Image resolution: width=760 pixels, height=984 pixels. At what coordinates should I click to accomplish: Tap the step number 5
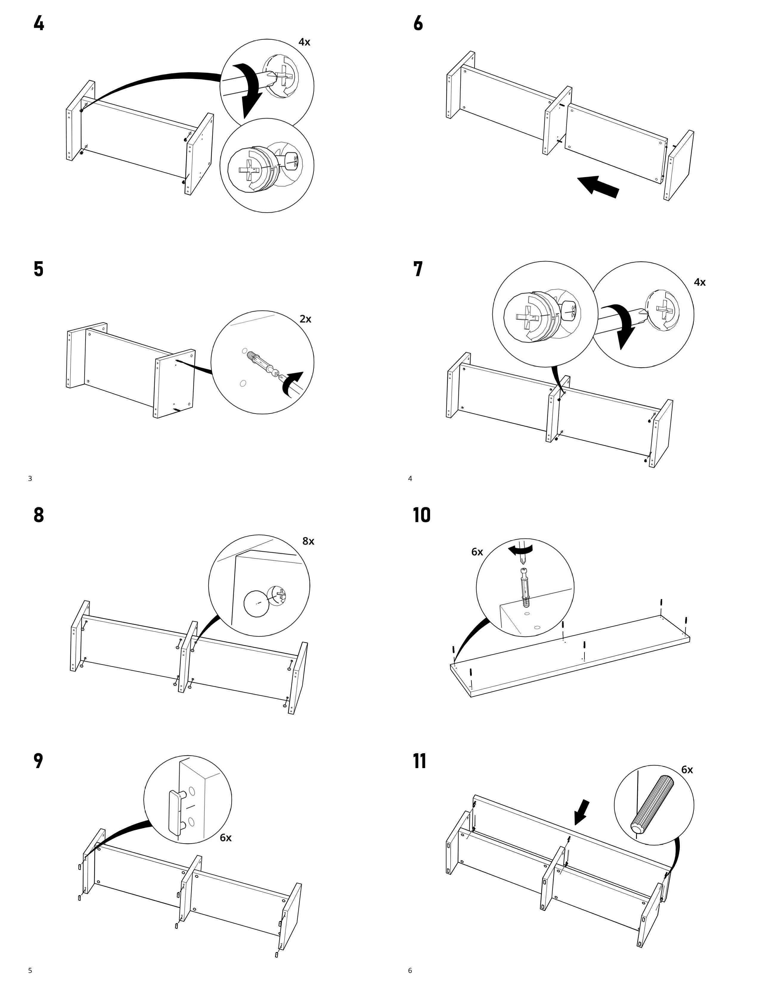39,269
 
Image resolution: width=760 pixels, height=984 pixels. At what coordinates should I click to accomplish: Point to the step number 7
418,269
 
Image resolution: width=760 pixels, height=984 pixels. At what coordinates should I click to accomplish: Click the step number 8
39,515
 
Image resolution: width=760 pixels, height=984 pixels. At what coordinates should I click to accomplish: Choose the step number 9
39,761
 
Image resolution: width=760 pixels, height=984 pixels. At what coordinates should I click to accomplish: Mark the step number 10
421,515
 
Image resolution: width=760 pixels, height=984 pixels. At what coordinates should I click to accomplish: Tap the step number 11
420,761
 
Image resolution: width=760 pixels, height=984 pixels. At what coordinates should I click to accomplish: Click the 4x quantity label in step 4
304,42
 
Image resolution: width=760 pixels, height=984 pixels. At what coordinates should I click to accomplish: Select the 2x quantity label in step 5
305,319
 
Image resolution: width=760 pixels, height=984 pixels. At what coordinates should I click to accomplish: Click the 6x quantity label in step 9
226,838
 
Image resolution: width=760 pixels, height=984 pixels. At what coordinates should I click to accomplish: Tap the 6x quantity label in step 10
477,552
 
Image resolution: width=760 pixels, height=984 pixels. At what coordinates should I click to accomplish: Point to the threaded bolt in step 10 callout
525,588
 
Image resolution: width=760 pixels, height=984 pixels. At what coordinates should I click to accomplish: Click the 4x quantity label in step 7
700,282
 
